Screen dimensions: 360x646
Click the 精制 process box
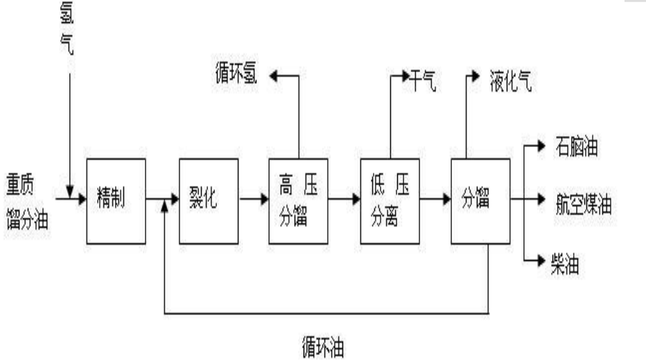point(116,200)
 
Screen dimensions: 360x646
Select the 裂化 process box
point(208,200)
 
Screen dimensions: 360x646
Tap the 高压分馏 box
point(298,200)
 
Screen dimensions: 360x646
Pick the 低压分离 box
point(390,200)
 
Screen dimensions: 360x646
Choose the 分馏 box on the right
point(480,200)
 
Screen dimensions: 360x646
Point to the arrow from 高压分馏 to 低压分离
point(344,199)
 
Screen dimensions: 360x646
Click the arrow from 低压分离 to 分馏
point(435,199)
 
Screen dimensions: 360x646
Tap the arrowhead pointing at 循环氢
point(274,76)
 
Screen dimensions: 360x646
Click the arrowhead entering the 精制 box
point(82,199)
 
